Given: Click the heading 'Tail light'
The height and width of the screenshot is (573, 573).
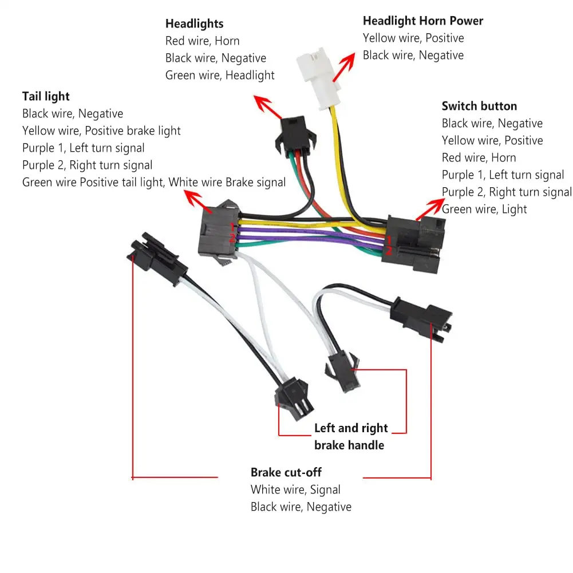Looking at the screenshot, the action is click(x=46, y=97).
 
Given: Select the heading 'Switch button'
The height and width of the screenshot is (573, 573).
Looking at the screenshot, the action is click(x=479, y=106).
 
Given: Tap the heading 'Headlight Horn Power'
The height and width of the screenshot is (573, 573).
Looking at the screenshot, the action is click(x=423, y=21).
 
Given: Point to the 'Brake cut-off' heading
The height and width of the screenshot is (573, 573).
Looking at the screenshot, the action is click(x=286, y=472).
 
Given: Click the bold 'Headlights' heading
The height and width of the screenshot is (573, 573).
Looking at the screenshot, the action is click(x=195, y=23).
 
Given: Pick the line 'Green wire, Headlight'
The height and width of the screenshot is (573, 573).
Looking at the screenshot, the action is click(x=220, y=76).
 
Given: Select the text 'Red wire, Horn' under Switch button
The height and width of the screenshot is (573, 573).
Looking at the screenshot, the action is click(x=479, y=157).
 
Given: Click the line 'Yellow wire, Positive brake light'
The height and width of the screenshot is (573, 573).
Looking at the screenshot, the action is click(x=101, y=131).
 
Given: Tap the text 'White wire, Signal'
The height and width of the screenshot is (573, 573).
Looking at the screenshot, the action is click(x=295, y=489).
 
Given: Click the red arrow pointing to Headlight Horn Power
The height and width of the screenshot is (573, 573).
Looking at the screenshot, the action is click(x=344, y=67).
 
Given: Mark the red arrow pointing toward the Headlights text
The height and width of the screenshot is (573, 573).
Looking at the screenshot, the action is click(x=268, y=107).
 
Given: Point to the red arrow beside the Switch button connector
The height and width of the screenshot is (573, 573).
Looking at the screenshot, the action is click(x=430, y=209).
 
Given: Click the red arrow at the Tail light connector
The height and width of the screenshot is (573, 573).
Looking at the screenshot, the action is click(x=198, y=202).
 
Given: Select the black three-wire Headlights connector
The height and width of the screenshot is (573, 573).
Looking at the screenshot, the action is click(x=295, y=135).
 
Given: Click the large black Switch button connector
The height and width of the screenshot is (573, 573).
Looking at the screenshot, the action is click(x=413, y=243).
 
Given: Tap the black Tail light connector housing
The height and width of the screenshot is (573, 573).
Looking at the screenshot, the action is click(x=219, y=232).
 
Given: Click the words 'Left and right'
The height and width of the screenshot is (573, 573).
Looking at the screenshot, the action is click(x=351, y=428).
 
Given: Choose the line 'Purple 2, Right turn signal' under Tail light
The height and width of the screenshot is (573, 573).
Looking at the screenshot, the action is click(x=88, y=165).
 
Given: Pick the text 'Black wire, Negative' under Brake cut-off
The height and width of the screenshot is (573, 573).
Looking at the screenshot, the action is click(x=301, y=507).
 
